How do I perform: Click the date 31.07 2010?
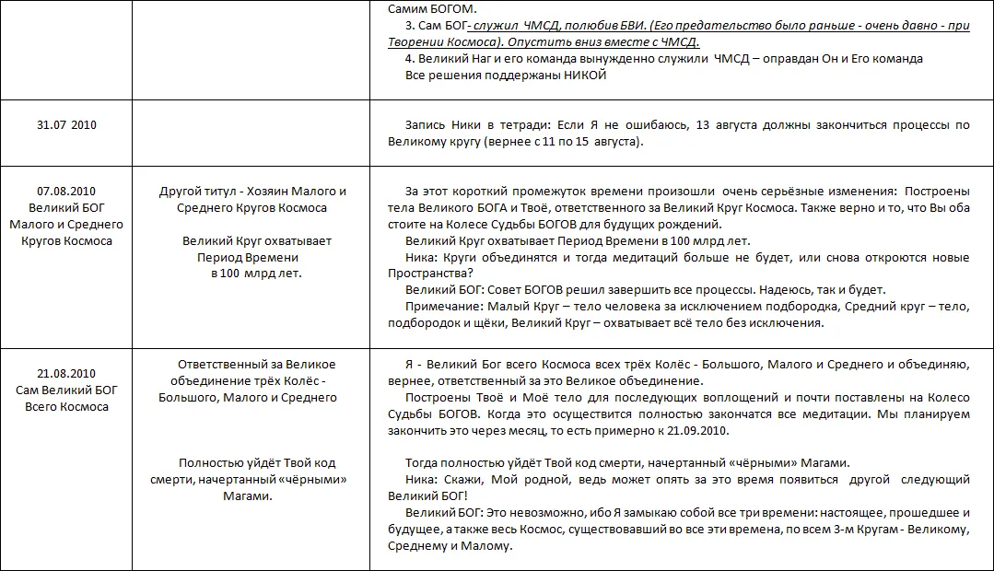tap(66, 125)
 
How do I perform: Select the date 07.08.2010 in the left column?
tap(66, 192)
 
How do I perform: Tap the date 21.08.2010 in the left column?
tap(66, 373)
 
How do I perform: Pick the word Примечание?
tap(441, 307)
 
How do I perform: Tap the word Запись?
tap(426, 125)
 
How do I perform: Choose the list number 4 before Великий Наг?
tap(408, 59)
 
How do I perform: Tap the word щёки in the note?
tap(487, 323)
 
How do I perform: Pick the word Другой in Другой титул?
tap(179, 192)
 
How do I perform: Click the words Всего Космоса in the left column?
tap(66, 406)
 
